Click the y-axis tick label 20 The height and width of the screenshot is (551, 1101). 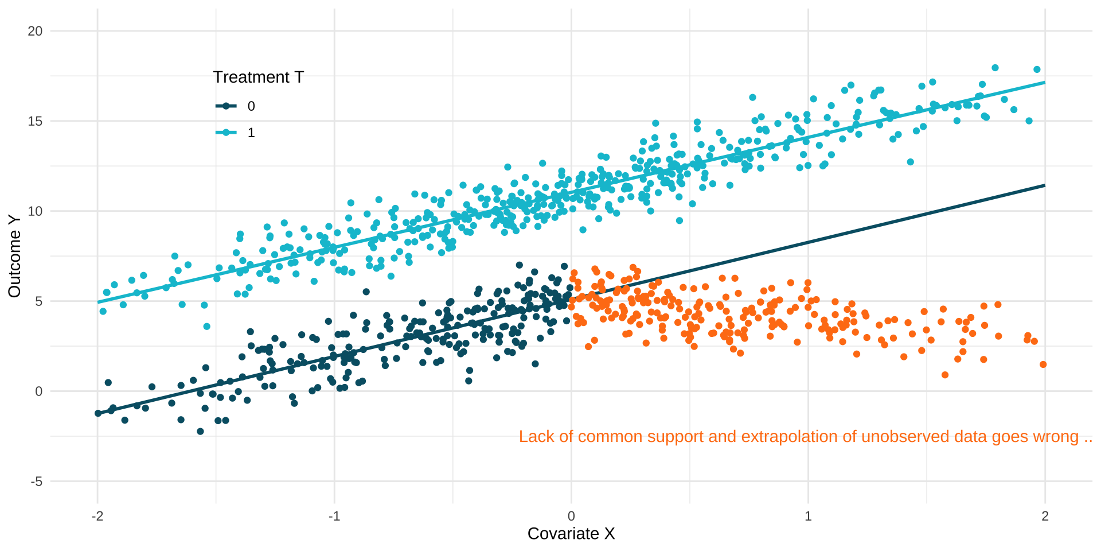tap(35, 31)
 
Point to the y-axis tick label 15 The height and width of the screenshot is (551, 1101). tap(35, 121)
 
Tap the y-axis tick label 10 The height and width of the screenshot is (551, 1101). tap(35, 211)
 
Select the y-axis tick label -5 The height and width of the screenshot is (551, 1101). tap(37, 482)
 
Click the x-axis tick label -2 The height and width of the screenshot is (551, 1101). tap(97, 516)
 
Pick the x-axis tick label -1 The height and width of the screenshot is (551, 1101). tap(334, 516)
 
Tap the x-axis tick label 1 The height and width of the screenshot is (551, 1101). tap(808, 516)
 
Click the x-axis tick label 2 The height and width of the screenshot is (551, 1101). tap(1045, 516)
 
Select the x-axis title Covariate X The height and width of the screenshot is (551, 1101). tap(571, 534)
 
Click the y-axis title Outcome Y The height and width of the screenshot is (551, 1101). tap(14, 256)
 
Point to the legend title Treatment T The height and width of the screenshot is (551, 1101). tap(258, 77)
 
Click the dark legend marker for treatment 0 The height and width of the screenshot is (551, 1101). tap(226, 106)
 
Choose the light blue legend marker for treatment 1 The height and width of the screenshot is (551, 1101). tap(226, 133)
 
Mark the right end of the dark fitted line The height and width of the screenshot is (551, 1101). tap(1044, 185)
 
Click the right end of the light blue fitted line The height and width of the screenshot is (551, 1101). tap(1044, 83)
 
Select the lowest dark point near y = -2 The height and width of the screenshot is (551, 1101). tap(200, 431)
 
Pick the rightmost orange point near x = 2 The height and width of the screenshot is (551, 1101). tap(1043, 364)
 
